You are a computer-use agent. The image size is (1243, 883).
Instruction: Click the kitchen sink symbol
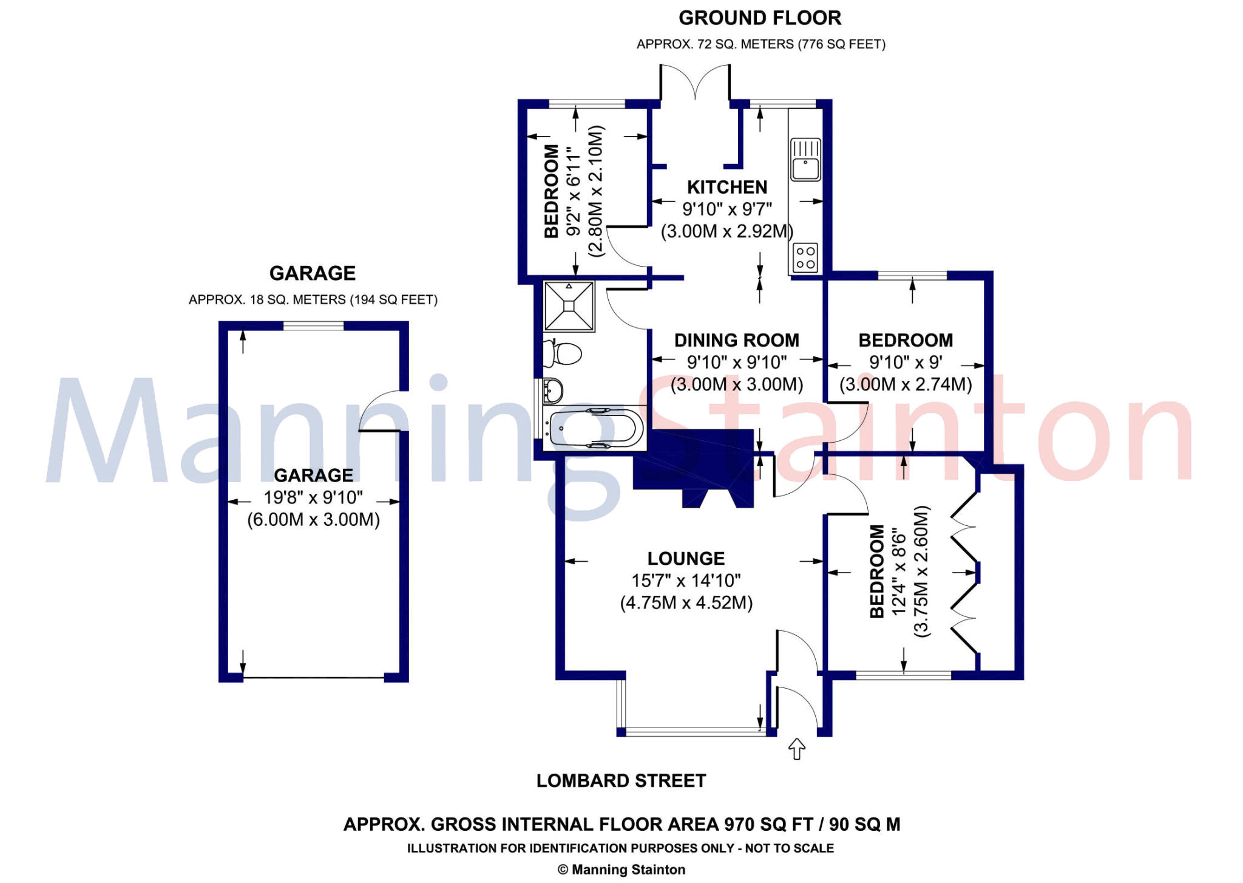coord(805,159)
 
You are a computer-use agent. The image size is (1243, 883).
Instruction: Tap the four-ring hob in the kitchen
coord(805,257)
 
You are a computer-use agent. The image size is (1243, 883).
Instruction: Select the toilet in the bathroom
coord(561,353)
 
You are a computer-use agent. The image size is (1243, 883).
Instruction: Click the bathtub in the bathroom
coord(594,428)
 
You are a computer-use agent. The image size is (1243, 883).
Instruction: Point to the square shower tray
coord(569,306)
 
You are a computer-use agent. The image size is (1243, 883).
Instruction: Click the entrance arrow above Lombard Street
coord(796,749)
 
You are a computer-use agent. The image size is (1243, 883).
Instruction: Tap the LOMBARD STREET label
coord(621,780)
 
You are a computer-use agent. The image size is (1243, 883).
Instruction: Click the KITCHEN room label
coord(727,187)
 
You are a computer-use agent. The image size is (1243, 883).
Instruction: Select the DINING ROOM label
coord(737,340)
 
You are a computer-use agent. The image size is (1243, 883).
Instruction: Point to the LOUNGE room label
coord(686,559)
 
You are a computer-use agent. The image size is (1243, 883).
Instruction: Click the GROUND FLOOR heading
coord(760,18)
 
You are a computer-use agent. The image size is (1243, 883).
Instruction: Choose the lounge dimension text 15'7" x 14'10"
coord(686,581)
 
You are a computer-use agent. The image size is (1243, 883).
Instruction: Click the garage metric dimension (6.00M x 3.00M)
coord(313,520)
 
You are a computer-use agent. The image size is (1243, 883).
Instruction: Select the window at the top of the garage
coord(313,326)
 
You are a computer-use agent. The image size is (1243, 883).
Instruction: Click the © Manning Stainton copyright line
coord(621,870)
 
